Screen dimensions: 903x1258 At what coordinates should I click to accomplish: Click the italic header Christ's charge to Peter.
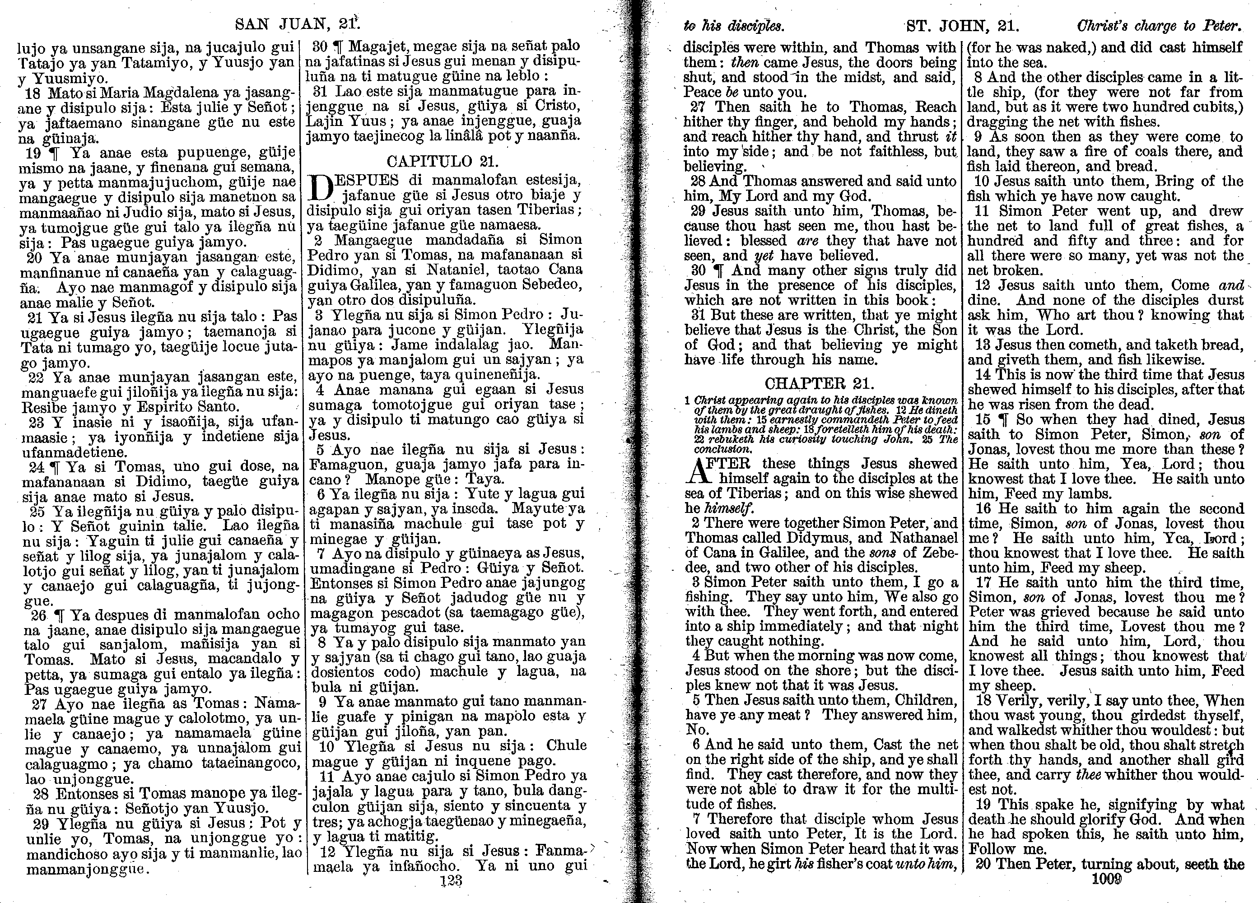[1158, 26]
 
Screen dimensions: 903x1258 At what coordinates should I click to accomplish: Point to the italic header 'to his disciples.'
[733, 26]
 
